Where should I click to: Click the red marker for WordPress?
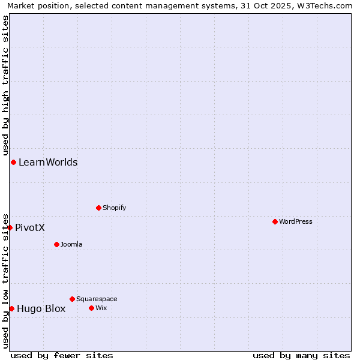(275, 221)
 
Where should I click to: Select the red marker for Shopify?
(98, 208)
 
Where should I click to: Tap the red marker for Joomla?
(56, 244)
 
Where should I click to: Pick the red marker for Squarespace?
(72, 299)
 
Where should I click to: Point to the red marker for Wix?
(91, 308)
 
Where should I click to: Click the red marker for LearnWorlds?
(13, 162)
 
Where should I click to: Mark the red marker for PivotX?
(10, 227)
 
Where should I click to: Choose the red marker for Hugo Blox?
(11, 308)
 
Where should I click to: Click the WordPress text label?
(296, 221)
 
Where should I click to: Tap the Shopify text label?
(114, 208)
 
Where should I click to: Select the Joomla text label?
(71, 244)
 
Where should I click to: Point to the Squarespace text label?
(97, 299)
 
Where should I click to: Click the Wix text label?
(101, 308)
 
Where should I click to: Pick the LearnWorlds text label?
(48, 162)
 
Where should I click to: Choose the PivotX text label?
(30, 227)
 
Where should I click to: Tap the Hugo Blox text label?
(41, 308)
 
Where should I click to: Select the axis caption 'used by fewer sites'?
(62, 355)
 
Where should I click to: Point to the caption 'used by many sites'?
(301, 355)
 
